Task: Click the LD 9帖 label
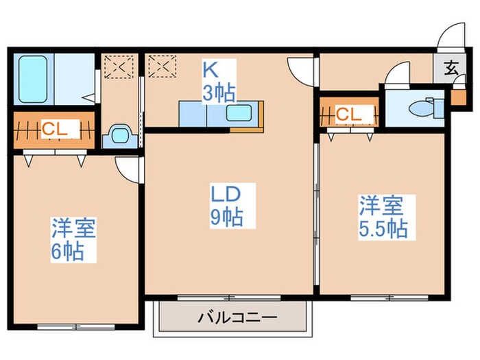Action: pos(226,205)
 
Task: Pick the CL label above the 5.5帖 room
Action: pos(348,115)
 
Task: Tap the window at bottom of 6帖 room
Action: pos(67,326)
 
